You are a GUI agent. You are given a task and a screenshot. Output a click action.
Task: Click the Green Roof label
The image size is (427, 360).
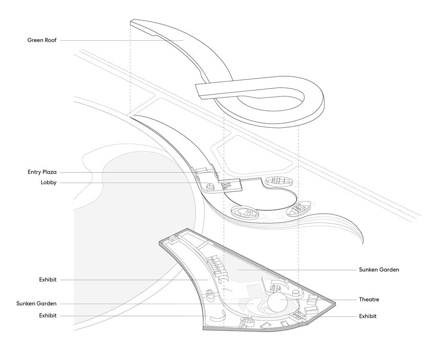42,40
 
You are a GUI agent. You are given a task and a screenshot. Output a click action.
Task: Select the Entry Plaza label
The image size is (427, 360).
42,172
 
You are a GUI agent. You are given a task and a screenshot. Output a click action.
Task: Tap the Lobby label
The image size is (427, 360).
48,183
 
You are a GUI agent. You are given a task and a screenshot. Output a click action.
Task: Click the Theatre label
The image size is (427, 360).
369,299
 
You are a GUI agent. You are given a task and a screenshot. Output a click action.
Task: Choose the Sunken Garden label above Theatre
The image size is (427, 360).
379,270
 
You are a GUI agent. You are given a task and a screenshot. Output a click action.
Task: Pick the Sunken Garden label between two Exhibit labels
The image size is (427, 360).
36,304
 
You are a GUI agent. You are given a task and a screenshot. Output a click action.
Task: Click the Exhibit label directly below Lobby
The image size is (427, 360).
47,280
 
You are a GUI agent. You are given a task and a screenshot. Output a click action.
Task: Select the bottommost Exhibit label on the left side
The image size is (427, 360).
47,315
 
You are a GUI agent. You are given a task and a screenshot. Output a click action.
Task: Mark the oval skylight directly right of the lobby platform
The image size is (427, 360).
278,180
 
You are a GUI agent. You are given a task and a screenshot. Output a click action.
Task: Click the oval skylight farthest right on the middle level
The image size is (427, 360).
299,207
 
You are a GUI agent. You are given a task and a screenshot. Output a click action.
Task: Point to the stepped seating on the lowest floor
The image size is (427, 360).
216,265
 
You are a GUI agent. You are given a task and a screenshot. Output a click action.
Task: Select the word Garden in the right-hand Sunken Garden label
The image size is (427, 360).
389,270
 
